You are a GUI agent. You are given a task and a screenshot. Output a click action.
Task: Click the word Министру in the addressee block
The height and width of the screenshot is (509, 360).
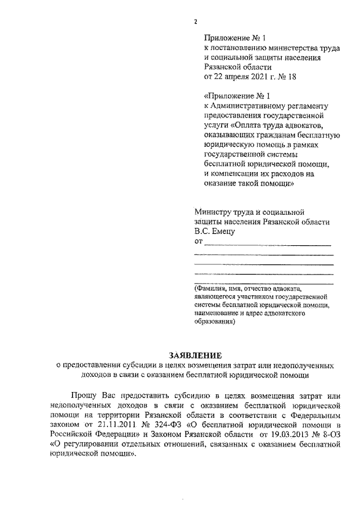pos(212,212)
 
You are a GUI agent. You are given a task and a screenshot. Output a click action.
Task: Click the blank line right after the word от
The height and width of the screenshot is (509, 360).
pos(267,243)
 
